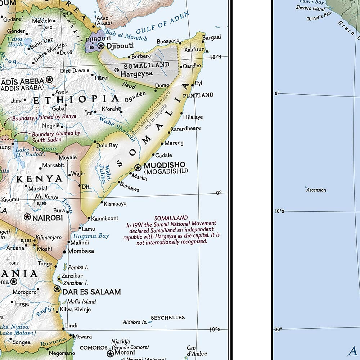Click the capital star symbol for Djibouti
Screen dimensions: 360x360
click(x=101, y=46)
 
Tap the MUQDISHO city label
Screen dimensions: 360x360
click(x=165, y=165)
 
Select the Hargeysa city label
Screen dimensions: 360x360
click(x=136, y=73)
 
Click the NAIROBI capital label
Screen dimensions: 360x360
click(x=48, y=217)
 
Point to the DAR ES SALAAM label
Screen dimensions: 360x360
click(x=91, y=292)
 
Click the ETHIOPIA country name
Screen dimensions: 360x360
click(x=76, y=99)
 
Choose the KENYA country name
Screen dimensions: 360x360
click(x=40, y=179)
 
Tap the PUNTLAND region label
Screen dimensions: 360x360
click(x=198, y=95)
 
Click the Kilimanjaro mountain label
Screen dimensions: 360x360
click(x=49, y=238)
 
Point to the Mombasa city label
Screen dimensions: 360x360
click(x=81, y=251)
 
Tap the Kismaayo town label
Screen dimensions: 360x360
click(x=115, y=204)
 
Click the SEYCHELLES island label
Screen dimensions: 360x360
click(x=167, y=318)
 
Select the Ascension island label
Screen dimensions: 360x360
click(x=316, y=190)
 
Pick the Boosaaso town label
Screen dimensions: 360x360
click(x=168, y=41)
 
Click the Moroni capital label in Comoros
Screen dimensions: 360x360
click(x=125, y=353)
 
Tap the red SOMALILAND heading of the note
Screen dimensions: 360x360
click(x=171, y=218)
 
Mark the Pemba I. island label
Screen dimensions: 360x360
click(x=78, y=267)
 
